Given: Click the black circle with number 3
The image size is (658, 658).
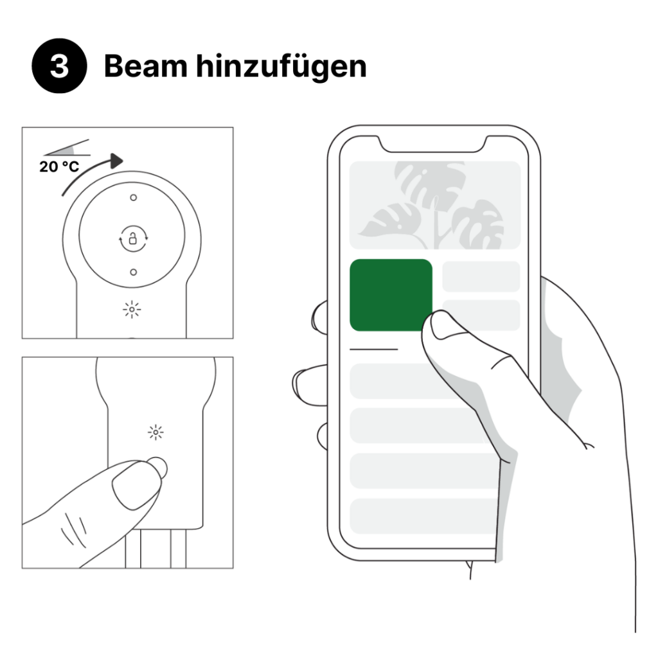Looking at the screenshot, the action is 59,66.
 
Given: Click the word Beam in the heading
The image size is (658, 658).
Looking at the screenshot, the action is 145,66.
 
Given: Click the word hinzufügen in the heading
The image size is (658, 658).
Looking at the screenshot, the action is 281,66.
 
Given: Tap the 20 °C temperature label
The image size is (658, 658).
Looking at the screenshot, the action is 59,166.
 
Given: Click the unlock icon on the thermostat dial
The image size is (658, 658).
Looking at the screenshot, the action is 133,239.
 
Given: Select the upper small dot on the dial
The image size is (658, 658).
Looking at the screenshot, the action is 134,197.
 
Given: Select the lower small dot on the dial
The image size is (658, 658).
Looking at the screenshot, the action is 134,272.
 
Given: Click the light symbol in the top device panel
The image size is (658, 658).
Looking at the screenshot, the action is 132,310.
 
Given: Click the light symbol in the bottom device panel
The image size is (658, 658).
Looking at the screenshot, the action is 156,432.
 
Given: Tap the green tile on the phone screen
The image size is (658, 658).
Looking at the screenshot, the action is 391,295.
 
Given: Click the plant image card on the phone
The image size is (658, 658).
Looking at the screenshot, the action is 435,205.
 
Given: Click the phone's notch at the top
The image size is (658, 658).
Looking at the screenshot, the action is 433,144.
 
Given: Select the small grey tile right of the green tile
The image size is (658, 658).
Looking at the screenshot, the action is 481,276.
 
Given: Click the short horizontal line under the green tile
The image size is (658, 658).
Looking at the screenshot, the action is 373,349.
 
